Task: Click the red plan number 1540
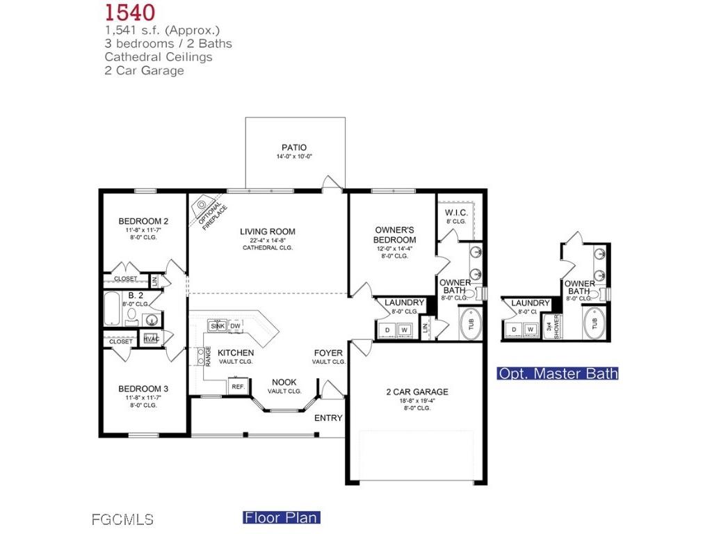click(x=130, y=12)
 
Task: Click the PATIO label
click(x=294, y=147)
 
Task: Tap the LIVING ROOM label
click(x=268, y=232)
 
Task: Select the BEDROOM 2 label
click(x=143, y=221)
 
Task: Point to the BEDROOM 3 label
click(x=143, y=389)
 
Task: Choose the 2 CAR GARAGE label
click(x=417, y=391)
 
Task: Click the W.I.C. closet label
click(x=455, y=212)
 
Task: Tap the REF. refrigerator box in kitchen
click(x=237, y=386)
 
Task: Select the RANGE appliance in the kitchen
click(x=208, y=356)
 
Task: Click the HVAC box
click(x=151, y=339)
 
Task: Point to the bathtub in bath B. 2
click(x=111, y=309)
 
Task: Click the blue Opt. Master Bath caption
click(x=558, y=373)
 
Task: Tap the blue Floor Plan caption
click(x=281, y=517)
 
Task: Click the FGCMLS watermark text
click(x=122, y=519)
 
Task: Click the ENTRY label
click(x=328, y=418)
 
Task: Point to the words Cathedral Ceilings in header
click(x=159, y=57)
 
